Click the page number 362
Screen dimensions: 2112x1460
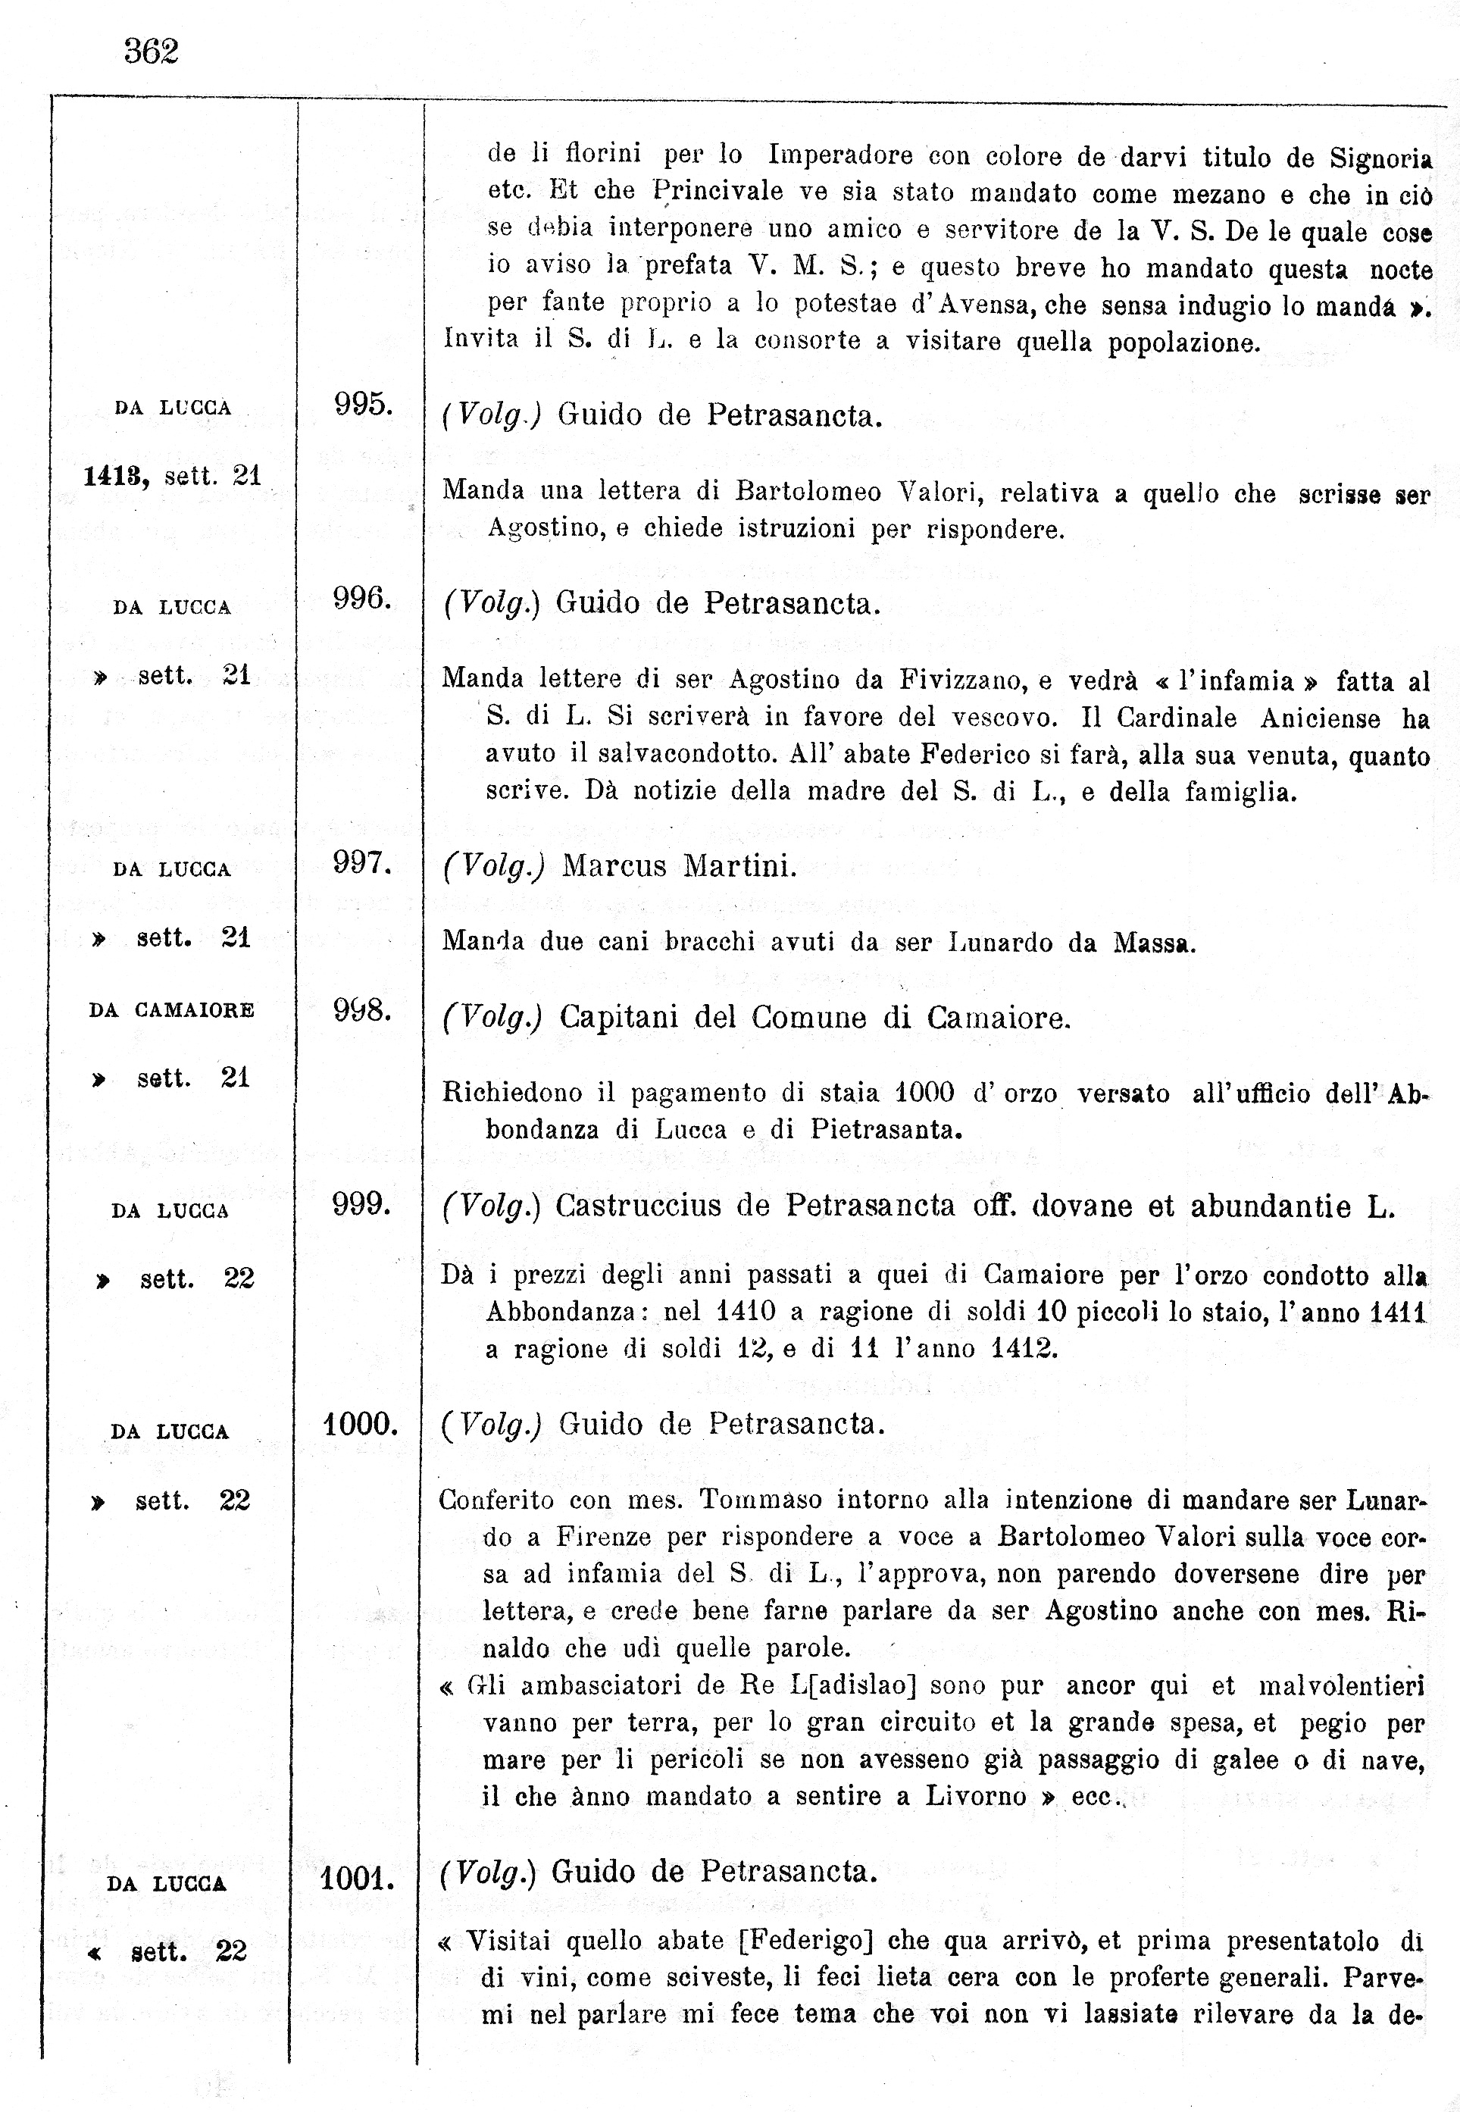[x=151, y=52]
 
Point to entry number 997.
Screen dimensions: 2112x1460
[x=361, y=862]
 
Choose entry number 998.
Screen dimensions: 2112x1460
[x=362, y=1010]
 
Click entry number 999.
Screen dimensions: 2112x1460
[x=361, y=1203]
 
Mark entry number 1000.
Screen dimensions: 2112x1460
[x=360, y=1424]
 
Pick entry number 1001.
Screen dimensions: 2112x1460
[x=357, y=1879]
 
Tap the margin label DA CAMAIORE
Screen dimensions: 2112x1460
[x=171, y=1011]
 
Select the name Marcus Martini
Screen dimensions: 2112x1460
[x=679, y=865]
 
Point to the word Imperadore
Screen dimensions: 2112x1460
[x=839, y=155]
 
